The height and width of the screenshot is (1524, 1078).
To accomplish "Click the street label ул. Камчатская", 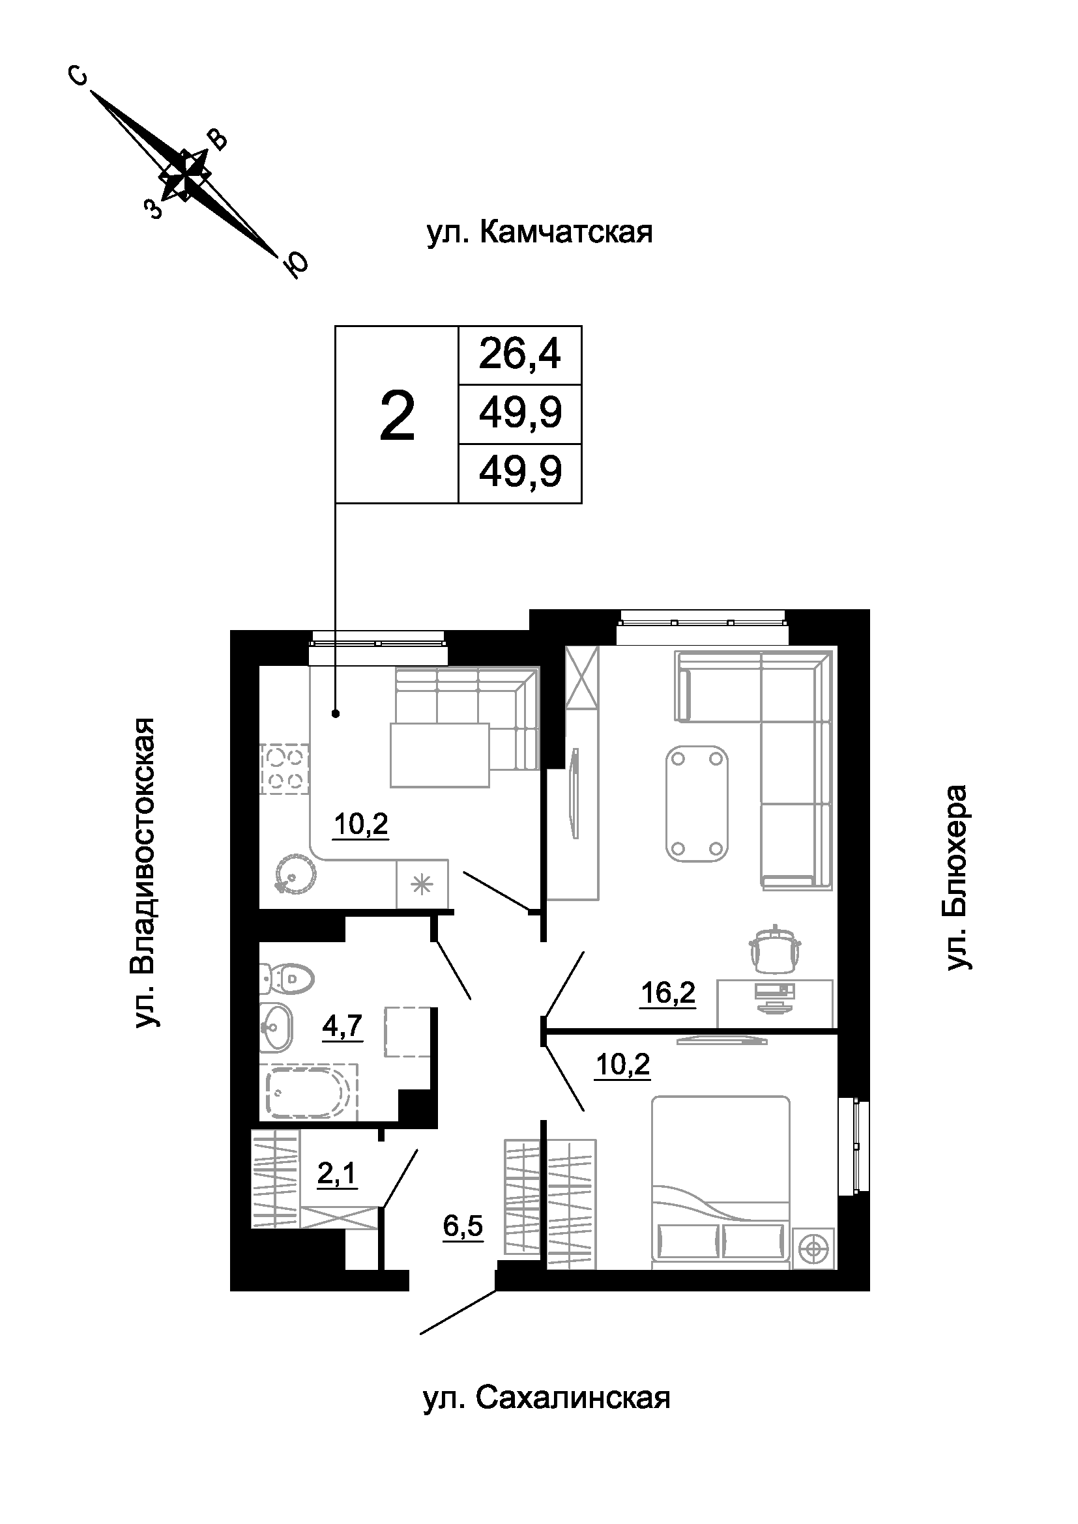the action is [540, 233].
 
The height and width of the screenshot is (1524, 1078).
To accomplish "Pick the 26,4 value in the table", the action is [519, 354].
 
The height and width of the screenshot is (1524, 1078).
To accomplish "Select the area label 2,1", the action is [337, 1174].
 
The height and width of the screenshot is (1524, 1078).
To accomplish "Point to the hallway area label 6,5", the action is [463, 1228].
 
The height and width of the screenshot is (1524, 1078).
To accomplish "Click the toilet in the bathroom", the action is [287, 979].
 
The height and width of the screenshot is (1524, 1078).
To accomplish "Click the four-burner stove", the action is [285, 769].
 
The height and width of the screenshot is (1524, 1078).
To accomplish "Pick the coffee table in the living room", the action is [696, 803].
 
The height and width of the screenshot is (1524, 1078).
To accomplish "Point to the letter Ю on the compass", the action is [296, 265].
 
